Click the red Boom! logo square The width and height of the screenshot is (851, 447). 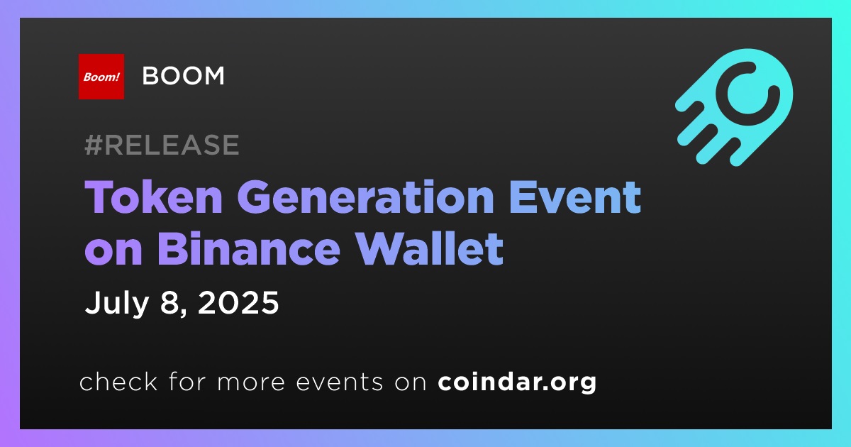pyautogui.click(x=101, y=77)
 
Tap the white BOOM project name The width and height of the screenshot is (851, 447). pyautogui.click(x=183, y=76)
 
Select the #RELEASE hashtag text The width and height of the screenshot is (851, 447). pyautogui.click(x=162, y=145)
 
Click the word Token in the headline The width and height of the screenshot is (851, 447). pyautogui.click(x=153, y=197)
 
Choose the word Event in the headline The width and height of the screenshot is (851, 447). pyautogui.click(x=575, y=197)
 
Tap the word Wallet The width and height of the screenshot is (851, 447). pyautogui.click(x=429, y=248)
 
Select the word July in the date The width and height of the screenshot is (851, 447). pyautogui.click(x=116, y=302)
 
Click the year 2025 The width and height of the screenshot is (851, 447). pyautogui.click(x=238, y=302)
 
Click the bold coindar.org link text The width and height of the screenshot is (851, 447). pyautogui.click(x=517, y=382)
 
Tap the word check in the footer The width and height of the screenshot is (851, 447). pyautogui.click(x=118, y=381)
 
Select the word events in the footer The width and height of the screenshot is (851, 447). pyautogui.click(x=339, y=382)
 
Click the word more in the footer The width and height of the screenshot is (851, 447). pyautogui.click(x=251, y=382)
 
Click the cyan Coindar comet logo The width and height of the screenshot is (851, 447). pyautogui.click(x=734, y=107)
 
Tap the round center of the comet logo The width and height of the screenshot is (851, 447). pyautogui.click(x=747, y=94)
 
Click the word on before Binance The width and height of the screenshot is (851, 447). pyautogui.click(x=113, y=252)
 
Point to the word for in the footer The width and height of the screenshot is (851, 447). pyautogui.click(x=187, y=381)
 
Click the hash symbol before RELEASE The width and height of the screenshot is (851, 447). pyautogui.click(x=93, y=145)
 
